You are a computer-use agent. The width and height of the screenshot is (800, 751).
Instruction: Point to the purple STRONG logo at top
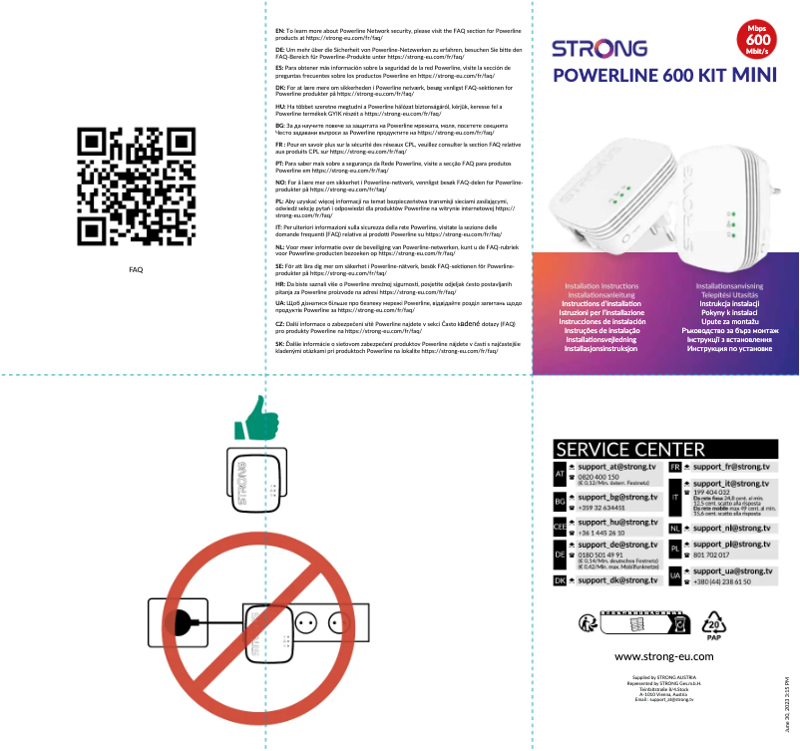(x=600, y=48)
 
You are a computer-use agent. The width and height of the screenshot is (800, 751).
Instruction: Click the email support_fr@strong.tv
(x=731, y=467)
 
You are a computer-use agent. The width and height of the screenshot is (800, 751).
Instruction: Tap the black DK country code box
(x=560, y=580)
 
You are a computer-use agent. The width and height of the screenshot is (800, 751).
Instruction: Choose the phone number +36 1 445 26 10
(x=603, y=533)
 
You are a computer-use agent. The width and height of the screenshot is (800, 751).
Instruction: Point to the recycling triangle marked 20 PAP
(x=713, y=624)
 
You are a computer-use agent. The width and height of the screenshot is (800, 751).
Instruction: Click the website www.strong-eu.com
(x=663, y=656)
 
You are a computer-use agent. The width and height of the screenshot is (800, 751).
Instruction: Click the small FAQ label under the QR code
(x=136, y=270)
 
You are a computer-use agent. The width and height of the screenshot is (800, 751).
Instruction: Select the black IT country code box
(x=674, y=496)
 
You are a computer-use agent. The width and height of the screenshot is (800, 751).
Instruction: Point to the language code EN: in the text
(x=279, y=32)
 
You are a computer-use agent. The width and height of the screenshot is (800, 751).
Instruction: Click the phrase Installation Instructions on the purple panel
(x=601, y=286)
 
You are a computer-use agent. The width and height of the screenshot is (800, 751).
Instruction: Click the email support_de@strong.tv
(x=617, y=545)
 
